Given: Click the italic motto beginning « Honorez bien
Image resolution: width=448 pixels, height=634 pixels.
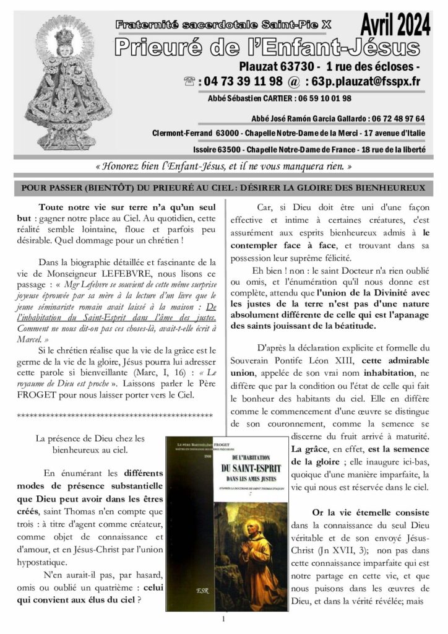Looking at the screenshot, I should click(x=223, y=167).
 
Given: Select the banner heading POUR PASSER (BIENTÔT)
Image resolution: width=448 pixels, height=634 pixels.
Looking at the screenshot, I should click(x=223, y=187).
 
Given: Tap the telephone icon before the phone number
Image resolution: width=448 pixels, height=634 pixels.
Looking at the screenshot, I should click(x=191, y=82).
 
